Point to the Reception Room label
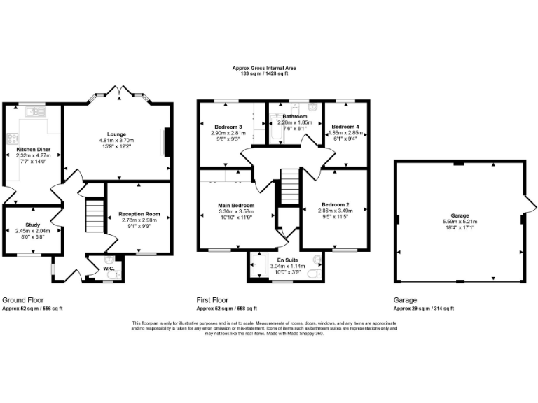(139, 213)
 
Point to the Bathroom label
(294, 116)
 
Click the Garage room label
(460, 215)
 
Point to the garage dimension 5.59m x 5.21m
(460, 222)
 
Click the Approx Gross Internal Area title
(264, 68)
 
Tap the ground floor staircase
(94, 214)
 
